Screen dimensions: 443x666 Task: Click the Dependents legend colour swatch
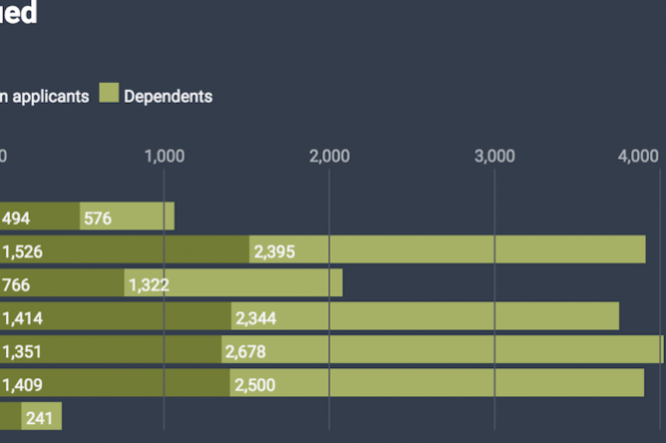tap(108, 96)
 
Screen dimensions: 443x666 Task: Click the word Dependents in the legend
tap(168, 97)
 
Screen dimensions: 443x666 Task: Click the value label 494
tap(17, 218)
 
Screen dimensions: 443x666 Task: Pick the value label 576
tap(98, 218)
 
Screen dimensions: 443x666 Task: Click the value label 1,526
tap(23, 251)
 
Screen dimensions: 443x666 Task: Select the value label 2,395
tap(275, 251)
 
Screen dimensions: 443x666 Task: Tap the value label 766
tap(17, 284)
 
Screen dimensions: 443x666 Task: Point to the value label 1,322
tap(149, 284)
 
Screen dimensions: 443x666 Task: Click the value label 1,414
tap(23, 318)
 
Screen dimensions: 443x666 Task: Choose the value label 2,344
tap(257, 318)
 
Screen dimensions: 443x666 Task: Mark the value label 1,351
tap(23, 351)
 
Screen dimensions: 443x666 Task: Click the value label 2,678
tap(246, 351)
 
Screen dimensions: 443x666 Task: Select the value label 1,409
tap(23, 384)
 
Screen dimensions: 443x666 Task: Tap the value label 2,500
tap(255, 384)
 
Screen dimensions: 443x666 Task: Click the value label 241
tap(39, 418)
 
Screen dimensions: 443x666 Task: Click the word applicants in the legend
tap(51, 97)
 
